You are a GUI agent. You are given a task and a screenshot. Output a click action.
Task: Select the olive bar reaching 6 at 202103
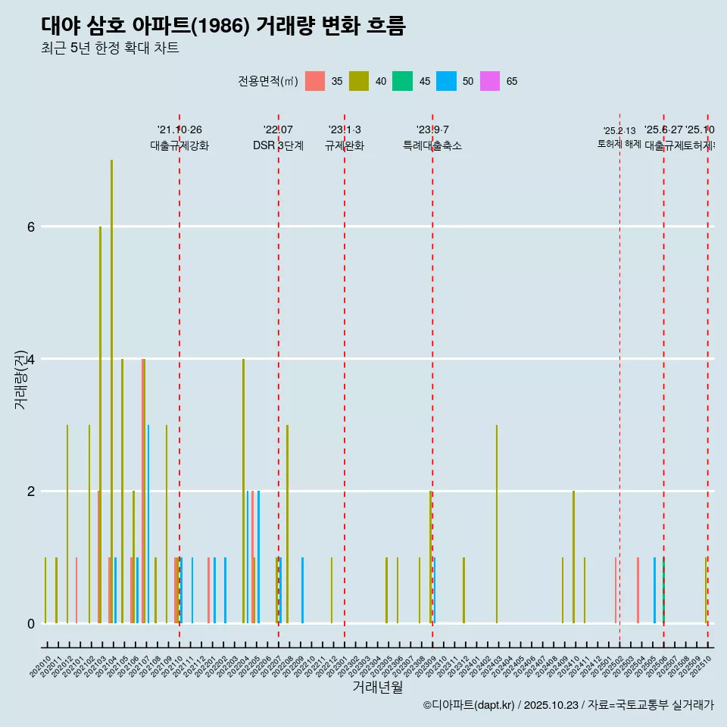click(100, 424)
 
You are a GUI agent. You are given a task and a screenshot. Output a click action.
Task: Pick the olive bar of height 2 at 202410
click(573, 557)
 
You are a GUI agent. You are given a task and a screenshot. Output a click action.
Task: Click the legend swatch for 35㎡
click(315, 81)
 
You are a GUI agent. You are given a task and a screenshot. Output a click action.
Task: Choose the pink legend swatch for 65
click(490, 81)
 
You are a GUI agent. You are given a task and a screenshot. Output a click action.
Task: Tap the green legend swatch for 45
click(402, 81)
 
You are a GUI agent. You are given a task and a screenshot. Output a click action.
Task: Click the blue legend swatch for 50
click(446, 81)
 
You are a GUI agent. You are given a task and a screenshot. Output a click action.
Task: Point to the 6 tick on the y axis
click(30, 226)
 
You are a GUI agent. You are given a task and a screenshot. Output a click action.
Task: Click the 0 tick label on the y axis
click(30, 623)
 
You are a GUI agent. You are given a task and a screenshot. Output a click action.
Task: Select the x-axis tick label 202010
click(41, 666)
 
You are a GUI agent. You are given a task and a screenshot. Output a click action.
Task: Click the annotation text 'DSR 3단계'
click(278, 145)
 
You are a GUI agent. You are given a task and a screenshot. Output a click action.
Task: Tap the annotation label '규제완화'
click(345, 145)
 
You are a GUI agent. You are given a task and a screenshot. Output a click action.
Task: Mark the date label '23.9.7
click(432, 129)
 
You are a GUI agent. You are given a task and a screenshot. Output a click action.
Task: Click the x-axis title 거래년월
click(377, 687)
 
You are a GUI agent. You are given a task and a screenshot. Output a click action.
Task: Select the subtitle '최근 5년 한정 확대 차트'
click(110, 48)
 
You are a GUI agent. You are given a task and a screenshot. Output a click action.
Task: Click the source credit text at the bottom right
click(568, 705)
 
